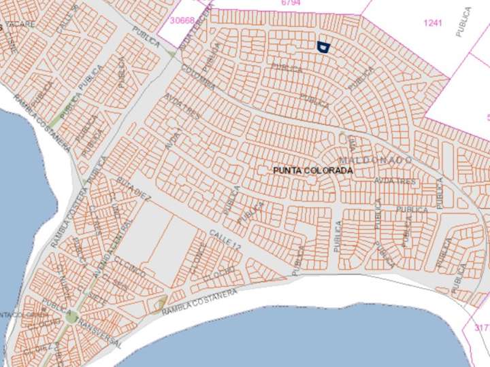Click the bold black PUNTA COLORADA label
tap(312, 171)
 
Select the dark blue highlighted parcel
tap(323, 46)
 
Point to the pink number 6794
tap(291, 3)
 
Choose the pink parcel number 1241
tap(433, 22)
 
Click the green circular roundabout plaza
tap(71, 317)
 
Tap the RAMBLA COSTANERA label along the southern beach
tap(199, 301)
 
